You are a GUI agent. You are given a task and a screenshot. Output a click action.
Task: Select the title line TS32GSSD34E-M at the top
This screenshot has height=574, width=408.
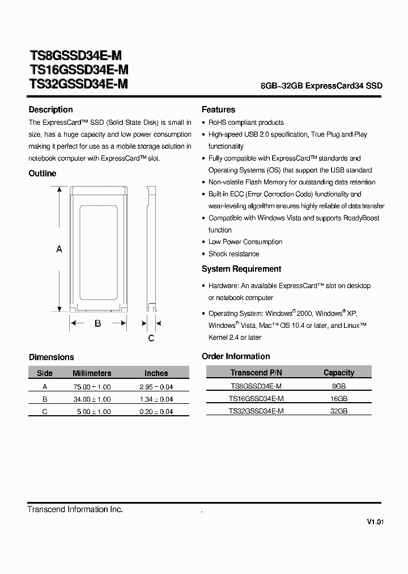[x=78, y=84]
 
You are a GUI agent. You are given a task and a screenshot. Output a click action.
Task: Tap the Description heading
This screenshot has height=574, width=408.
[x=50, y=109]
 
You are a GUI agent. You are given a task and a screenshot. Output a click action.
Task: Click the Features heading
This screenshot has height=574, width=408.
[x=218, y=109]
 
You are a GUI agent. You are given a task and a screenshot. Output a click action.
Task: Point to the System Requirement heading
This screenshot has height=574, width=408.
[x=241, y=269]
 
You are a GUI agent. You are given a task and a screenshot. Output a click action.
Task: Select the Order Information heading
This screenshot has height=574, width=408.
[x=236, y=356]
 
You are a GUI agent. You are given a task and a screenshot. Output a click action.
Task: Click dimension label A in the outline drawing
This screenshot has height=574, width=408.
[x=59, y=249]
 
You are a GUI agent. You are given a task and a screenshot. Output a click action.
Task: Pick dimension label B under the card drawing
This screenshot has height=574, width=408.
[x=97, y=323]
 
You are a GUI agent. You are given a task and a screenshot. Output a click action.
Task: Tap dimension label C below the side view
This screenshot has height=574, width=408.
[x=151, y=339]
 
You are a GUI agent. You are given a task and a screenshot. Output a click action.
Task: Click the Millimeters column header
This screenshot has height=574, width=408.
[x=92, y=373]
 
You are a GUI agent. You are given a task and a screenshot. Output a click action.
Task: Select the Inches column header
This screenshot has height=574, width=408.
[x=156, y=373]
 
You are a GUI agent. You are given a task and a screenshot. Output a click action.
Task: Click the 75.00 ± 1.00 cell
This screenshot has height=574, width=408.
[x=93, y=387]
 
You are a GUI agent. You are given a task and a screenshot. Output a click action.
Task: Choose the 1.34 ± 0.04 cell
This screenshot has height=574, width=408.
[x=156, y=399]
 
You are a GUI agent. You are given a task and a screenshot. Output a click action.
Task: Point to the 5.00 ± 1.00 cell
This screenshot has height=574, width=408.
[x=93, y=412]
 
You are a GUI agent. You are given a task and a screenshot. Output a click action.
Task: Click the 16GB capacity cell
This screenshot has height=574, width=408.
[x=338, y=399]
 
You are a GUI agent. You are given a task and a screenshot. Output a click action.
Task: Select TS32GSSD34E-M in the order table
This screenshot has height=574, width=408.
[x=256, y=411]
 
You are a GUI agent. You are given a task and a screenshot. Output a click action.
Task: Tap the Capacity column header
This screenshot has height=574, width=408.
[x=338, y=373]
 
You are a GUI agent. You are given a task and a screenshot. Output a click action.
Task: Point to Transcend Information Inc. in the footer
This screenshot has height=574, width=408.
[x=75, y=509]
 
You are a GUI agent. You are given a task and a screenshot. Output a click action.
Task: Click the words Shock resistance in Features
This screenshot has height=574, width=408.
[x=233, y=254]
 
